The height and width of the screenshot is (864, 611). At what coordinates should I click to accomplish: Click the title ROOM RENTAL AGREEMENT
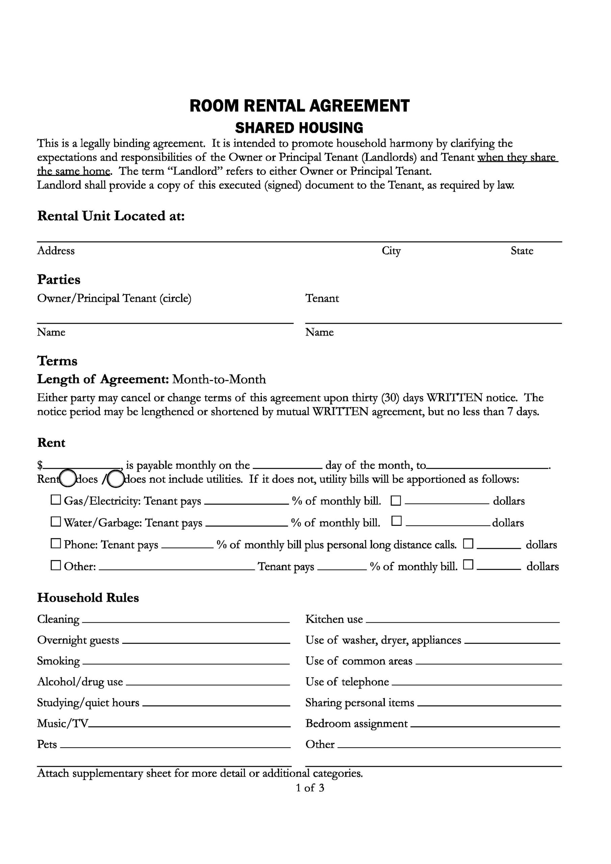299,106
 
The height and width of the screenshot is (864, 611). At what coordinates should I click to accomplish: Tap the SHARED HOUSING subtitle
299,128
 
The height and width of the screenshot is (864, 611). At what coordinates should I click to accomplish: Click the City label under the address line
391,251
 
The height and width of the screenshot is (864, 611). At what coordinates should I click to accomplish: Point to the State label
522,251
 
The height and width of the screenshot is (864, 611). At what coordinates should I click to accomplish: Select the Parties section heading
59,279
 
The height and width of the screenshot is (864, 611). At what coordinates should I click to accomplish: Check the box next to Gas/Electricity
56,500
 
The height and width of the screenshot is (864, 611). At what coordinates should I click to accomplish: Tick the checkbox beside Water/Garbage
56,522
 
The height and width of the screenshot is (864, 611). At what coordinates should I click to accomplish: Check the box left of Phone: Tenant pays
56,544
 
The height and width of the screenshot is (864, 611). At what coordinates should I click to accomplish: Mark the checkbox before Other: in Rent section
56,566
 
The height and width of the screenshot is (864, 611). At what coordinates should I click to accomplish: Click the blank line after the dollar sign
82,467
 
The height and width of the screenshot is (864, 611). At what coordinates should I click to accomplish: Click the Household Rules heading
88,598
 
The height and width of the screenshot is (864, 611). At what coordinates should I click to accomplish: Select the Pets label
47,744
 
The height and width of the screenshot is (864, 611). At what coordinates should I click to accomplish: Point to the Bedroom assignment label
356,723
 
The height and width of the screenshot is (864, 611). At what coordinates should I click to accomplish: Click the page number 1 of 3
310,788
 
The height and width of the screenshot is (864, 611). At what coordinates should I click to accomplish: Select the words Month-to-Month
219,379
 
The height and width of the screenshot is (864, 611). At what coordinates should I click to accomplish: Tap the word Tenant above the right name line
322,298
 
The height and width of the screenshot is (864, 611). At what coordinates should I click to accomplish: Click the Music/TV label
62,723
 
